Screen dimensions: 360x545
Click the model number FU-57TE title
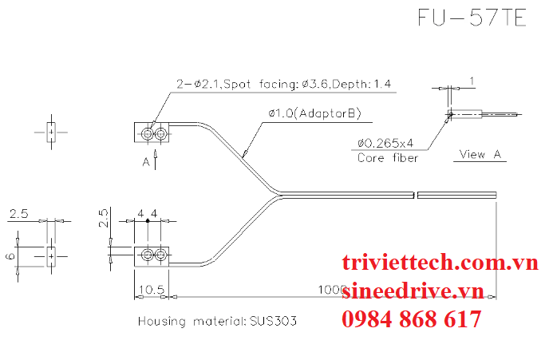click(x=472, y=19)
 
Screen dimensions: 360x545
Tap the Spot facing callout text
click(x=285, y=84)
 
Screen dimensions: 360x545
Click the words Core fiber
click(x=387, y=157)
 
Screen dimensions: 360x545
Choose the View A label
click(x=480, y=154)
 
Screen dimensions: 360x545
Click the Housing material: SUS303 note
click(x=217, y=322)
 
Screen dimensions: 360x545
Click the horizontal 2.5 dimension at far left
click(x=18, y=214)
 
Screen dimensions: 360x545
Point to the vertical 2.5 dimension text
click(x=103, y=218)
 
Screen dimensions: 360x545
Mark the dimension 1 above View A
click(x=472, y=81)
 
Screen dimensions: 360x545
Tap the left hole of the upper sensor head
click(x=148, y=134)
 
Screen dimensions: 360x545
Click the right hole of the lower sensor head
click(x=161, y=255)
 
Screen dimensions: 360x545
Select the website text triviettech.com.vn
click(x=440, y=263)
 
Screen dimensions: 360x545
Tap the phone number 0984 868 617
click(x=411, y=319)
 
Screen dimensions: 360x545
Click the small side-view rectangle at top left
click(x=50, y=132)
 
